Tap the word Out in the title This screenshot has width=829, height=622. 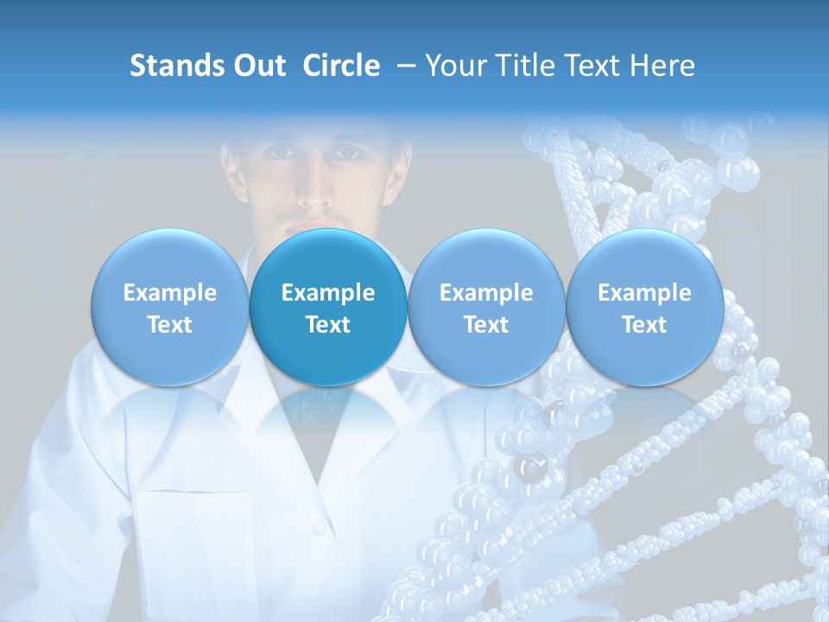pos(258,66)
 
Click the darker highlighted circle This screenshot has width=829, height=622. pos(328,307)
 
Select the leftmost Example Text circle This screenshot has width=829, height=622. pos(169,307)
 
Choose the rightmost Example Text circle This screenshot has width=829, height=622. pos(644,307)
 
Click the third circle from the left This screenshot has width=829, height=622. pos(486,307)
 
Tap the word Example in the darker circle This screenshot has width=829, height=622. pos(328,293)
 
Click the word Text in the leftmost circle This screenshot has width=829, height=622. pos(169,325)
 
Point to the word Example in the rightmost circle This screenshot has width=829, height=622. pos(644,293)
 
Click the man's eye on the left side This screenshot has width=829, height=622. pos(278,152)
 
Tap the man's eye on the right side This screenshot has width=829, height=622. pos(347,152)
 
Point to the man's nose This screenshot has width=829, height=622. pos(312,186)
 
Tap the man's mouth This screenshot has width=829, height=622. pos(313,219)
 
